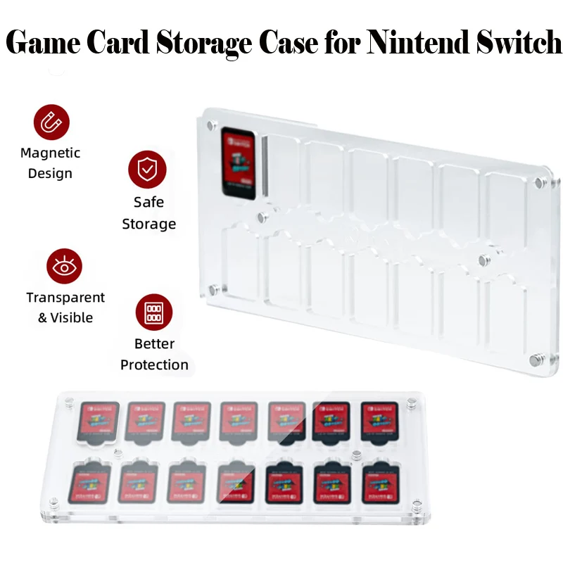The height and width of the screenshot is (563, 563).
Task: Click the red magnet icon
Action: coord(51,122)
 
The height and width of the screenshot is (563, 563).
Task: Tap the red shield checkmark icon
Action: coord(147,169)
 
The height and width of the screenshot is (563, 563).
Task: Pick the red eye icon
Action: coord(65,267)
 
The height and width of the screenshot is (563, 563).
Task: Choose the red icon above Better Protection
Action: coord(154,312)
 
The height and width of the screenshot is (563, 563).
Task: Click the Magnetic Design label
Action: coord(51,163)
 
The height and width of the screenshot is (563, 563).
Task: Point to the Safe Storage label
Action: coord(148,213)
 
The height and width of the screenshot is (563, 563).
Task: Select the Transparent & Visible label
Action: coord(65,308)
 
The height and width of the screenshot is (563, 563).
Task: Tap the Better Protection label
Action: coord(154,354)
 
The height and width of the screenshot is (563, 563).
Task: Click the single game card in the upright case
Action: coord(237,163)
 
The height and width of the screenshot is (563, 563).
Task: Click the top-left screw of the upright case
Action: coord(210,125)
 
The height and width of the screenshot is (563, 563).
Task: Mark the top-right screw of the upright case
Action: coord(538,183)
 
